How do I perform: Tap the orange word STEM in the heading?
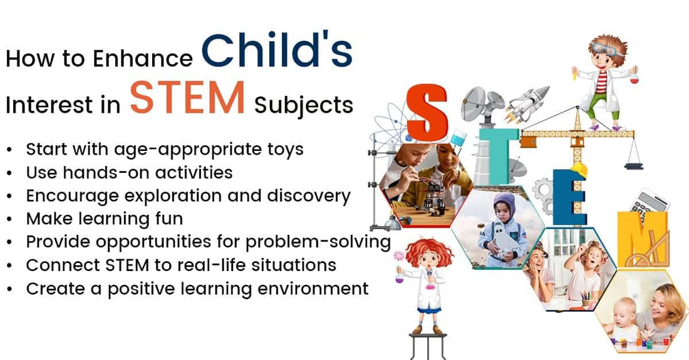point(187,98)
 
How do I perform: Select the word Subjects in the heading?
point(304,106)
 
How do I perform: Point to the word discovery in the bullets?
point(309,196)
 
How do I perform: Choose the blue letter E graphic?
point(569,197)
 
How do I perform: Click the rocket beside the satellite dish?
point(527,103)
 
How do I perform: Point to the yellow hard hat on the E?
point(579,170)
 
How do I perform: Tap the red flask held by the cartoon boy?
point(634,79)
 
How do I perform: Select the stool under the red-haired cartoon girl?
point(428,346)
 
